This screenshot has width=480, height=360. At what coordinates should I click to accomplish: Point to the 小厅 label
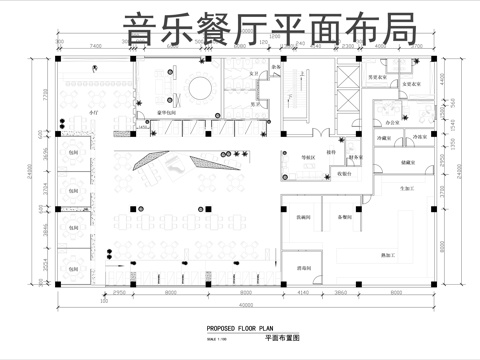67,117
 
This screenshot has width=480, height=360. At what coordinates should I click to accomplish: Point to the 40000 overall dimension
243,304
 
